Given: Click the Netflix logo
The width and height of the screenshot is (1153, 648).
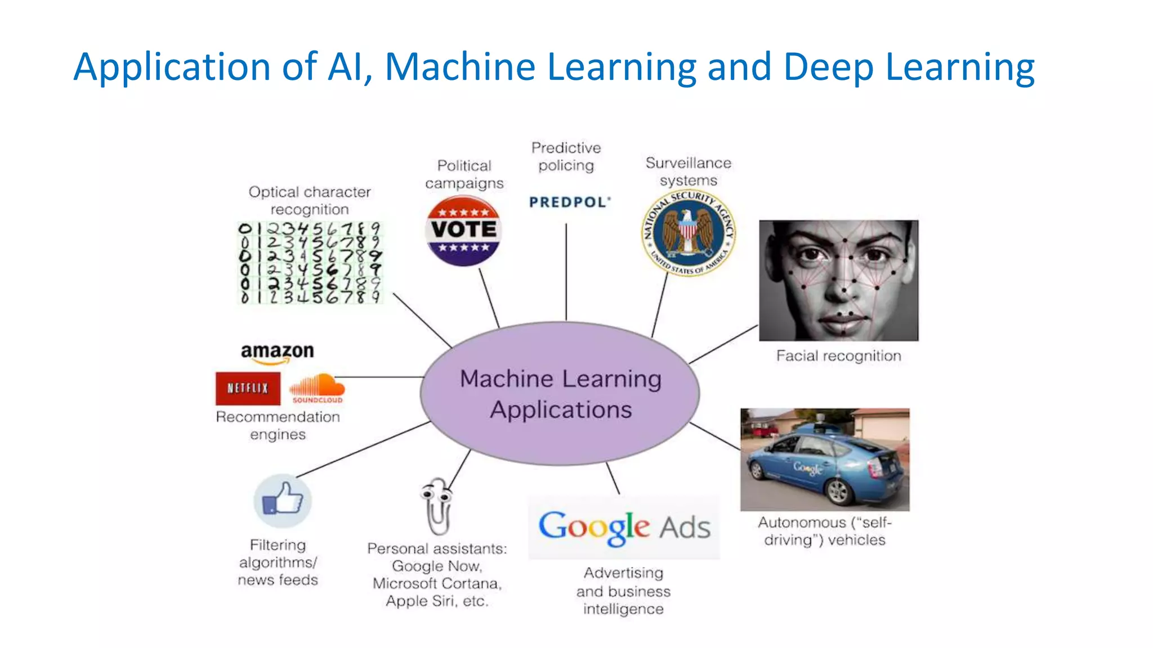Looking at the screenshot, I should [248, 388].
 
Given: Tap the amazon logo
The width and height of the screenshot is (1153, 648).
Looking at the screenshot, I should [277, 352].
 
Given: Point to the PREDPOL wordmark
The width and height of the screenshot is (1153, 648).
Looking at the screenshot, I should [569, 202].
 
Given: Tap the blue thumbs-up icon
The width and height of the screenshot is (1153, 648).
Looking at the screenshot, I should [283, 500].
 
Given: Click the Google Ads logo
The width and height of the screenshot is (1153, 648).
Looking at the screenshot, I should [624, 527].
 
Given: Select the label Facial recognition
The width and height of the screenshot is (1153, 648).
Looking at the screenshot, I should [838, 355].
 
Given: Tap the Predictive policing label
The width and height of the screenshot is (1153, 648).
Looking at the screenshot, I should [566, 156].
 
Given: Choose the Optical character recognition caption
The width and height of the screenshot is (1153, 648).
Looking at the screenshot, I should [310, 200].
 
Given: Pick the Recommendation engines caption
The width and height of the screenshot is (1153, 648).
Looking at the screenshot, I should [278, 425].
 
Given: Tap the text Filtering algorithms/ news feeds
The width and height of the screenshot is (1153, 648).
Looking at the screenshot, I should [278, 562].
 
